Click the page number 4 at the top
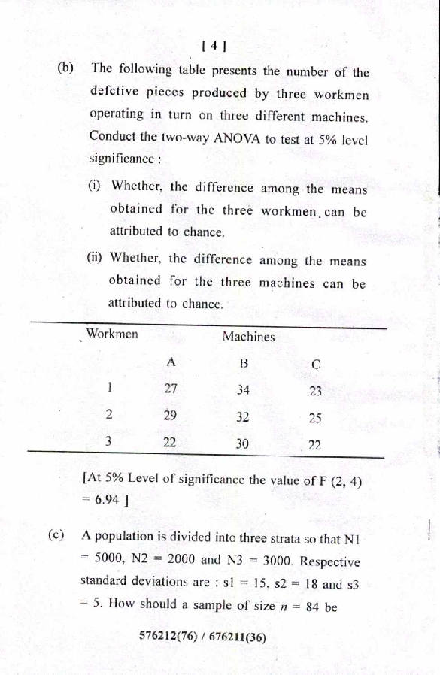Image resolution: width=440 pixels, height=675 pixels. pos(214,46)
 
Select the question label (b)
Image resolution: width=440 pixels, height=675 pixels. pos(66,68)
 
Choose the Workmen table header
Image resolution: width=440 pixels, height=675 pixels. pos(112,334)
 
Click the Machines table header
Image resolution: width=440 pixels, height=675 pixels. pos(248,337)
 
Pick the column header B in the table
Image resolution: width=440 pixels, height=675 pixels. pos(243,363)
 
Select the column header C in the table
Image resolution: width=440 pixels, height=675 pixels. pos(316,365)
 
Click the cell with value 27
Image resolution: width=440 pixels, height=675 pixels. pos(171,389)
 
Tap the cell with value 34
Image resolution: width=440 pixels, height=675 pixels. pos(243,390)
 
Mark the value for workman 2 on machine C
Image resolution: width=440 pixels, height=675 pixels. pos(315,419)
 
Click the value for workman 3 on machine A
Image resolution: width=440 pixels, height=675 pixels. pos(170,443)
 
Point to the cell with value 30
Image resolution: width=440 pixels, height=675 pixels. pos(241,444)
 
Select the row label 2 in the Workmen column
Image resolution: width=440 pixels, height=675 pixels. pos(109,414)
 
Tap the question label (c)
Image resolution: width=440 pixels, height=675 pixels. pos(56,536)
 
